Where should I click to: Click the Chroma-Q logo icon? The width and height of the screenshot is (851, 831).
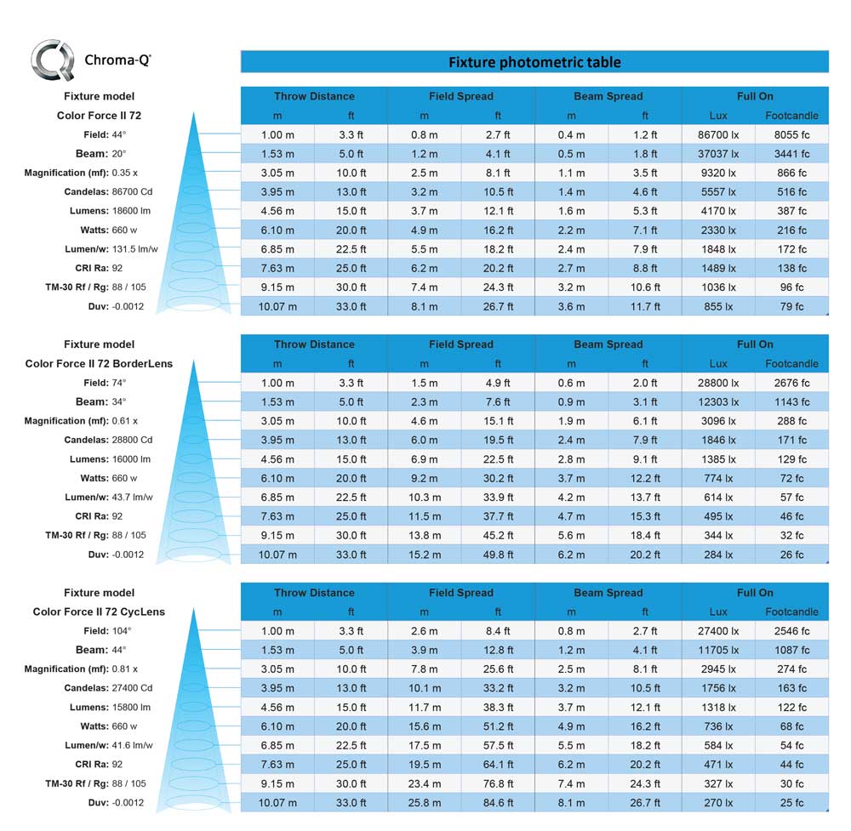click(x=52, y=60)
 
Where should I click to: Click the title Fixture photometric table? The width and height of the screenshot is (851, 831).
click(x=534, y=62)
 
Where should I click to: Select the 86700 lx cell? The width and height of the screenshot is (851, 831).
click(x=718, y=134)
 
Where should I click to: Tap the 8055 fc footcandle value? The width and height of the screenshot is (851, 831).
click(x=791, y=134)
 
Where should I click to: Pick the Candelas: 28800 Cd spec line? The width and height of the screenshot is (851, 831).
click(x=108, y=440)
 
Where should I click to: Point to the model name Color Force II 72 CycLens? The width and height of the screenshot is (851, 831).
click(x=99, y=612)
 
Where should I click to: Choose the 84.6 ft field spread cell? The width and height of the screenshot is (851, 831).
click(x=498, y=803)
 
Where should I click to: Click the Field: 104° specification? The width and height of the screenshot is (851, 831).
click(x=108, y=631)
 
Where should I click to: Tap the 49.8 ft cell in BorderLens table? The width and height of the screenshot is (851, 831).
click(x=498, y=555)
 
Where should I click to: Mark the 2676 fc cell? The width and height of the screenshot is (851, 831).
click(x=791, y=383)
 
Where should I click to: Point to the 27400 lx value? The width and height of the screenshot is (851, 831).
click(x=718, y=631)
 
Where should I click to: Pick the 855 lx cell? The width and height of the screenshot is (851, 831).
click(x=718, y=306)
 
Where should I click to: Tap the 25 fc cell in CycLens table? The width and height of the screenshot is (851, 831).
click(x=791, y=803)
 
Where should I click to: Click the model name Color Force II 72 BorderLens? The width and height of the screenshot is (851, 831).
click(x=99, y=363)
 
